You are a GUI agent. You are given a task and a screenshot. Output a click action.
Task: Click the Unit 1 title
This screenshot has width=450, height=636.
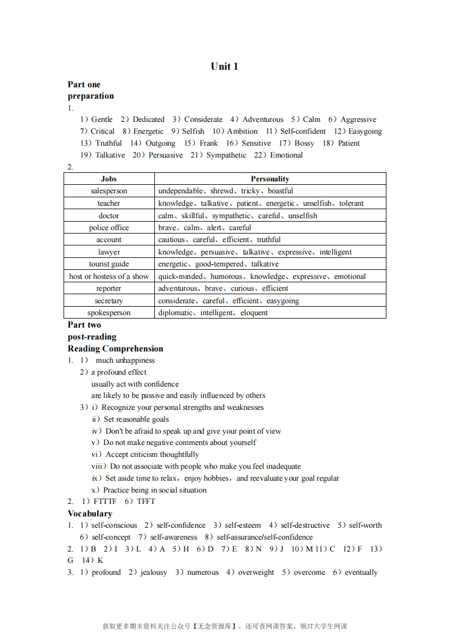[224, 66]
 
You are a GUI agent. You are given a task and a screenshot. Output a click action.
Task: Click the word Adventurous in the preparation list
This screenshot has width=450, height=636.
[263, 120]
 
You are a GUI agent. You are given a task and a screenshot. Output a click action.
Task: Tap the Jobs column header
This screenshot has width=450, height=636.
[109, 179]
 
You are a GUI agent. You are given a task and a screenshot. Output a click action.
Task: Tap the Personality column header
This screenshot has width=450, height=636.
[270, 179]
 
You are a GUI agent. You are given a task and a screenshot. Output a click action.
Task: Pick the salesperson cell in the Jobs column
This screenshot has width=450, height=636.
[109, 191]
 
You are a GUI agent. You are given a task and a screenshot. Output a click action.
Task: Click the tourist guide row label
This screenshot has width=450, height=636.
[109, 264]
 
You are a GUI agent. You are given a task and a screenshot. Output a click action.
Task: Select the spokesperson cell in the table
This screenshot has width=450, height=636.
[109, 313]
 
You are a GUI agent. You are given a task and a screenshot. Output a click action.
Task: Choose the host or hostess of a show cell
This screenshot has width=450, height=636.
[109, 277]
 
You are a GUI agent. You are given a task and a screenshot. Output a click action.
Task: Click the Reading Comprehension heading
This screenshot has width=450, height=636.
[115, 349]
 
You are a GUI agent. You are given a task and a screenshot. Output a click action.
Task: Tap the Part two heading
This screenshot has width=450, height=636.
[84, 325]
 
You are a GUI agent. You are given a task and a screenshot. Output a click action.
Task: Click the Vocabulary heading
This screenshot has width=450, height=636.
[90, 514]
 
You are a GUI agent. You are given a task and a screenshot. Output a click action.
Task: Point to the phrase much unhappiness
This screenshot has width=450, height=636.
[125, 361]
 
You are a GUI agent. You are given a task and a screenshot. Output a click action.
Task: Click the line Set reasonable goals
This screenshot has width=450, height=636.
[136, 419]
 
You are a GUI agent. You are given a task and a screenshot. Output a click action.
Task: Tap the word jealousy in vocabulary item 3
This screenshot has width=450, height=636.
[154, 573]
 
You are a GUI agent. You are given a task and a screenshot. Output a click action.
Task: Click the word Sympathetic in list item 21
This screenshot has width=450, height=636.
[226, 155]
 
